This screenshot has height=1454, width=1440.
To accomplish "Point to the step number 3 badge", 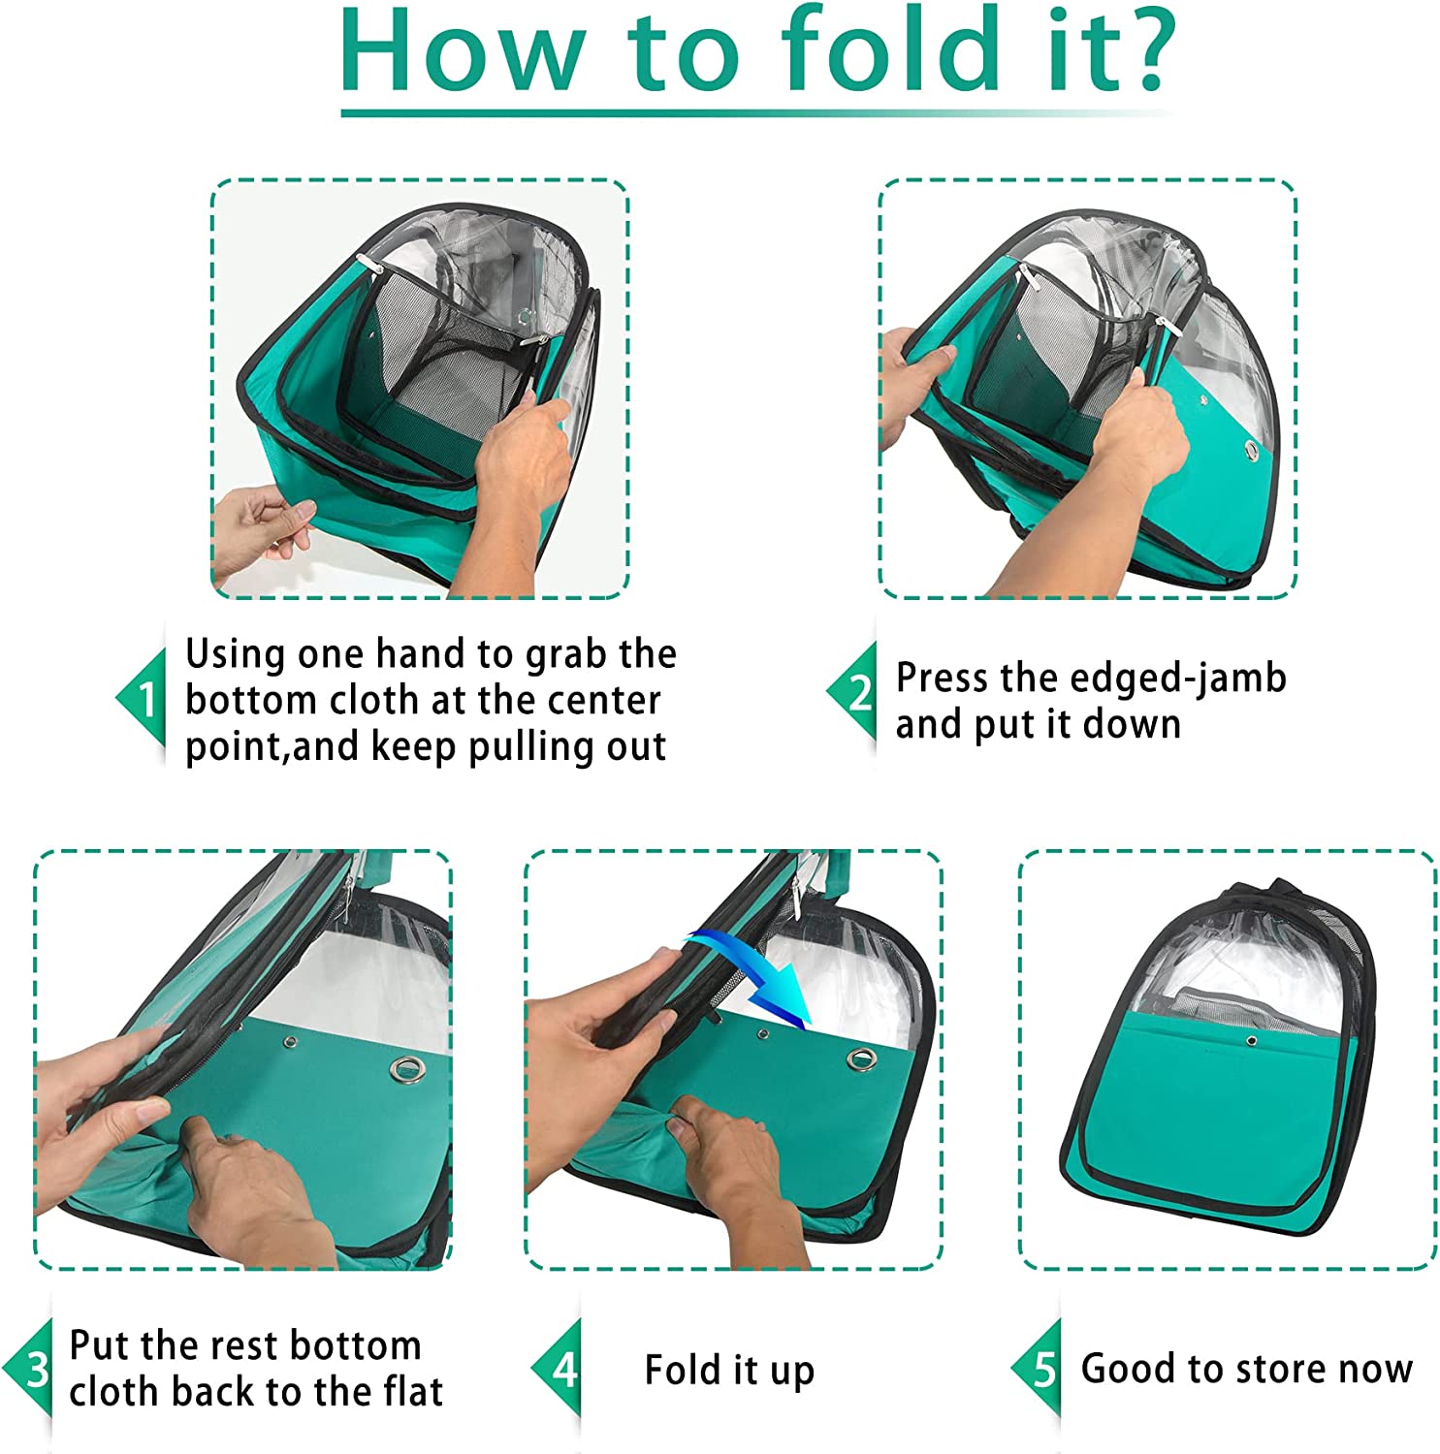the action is pos(27,1369).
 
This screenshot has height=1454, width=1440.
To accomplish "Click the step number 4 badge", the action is pos(556,1369).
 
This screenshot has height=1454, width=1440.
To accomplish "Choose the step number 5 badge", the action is pos(1036,1369).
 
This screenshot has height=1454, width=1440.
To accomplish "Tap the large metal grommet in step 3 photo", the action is pos(406,1069).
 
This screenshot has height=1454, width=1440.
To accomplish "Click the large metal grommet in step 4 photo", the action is pos(858,1058).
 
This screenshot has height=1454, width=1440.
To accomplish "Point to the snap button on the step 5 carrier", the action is pos(1251,1041).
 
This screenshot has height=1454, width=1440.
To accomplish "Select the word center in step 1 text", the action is pos(603,701).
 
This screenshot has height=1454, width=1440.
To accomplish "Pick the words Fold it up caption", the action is pos(729,1371).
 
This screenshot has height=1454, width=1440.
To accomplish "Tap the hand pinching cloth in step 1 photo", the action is pos(262,533).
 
